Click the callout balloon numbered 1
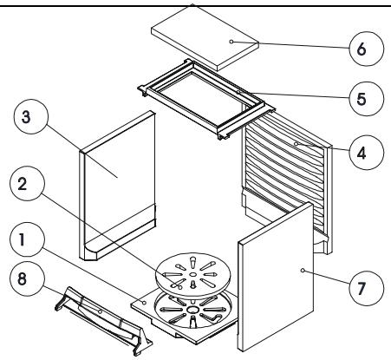(x=27, y=239)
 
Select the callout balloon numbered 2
(x=27, y=183)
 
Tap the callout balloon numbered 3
(x=31, y=116)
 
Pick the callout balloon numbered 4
(x=367, y=153)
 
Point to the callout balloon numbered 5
(x=367, y=99)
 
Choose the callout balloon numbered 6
(x=367, y=49)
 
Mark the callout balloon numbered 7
(x=367, y=288)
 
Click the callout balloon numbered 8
(x=27, y=278)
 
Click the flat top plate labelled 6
(x=205, y=37)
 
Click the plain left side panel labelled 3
(x=118, y=185)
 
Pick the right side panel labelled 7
(x=276, y=277)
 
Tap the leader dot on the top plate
(x=231, y=42)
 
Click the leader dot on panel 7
(x=303, y=271)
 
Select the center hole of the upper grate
(x=193, y=274)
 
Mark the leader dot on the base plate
(x=144, y=303)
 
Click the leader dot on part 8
(x=100, y=311)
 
